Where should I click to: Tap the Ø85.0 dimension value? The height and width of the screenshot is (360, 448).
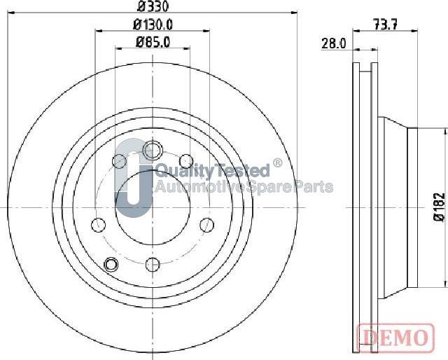coord(153,41)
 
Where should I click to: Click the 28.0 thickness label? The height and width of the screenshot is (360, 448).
coord(334,43)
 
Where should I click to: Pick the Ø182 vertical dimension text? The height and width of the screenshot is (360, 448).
coord(439,207)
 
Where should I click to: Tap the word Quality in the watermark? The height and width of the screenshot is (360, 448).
coord(176,170)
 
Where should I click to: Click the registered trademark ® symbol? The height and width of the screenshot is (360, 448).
coord(277,164)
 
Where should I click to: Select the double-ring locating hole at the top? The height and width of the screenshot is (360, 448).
coord(152,150)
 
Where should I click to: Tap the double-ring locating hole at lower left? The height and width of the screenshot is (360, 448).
coord(111,264)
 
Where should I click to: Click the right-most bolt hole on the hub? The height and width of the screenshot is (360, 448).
coord(206,224)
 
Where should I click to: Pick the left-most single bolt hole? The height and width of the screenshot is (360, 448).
coord(98,225)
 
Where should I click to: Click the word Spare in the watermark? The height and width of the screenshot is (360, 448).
coord(265,187)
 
